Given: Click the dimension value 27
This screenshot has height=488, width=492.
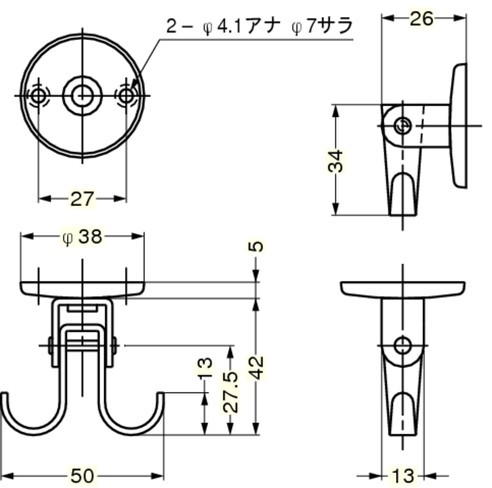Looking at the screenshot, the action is pyautogui.click(x=82, y=199).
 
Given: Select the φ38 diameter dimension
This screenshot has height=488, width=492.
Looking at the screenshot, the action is pyautogui.click(x=82, y=237).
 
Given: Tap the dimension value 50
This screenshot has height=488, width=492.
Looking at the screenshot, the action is pyautogui.click(x=82, y=476).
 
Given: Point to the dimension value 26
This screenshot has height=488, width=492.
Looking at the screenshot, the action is pyautogui.click(x=422, y=19).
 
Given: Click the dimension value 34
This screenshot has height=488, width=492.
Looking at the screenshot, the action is pyautogui.click(x=336, y=161).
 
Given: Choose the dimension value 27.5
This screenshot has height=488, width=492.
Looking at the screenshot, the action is pyautogui.click(x=231, y=392).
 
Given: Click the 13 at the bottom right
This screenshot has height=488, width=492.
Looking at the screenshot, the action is pyautogui.click(x=403, y=476).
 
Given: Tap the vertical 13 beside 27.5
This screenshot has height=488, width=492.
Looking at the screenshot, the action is pyautogui.click(x=205, y=367).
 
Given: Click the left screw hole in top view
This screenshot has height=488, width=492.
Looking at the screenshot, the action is pyautogui.click(x=38, y=95).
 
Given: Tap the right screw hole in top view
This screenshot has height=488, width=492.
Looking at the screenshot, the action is pyautogui.click(x=126, y=95).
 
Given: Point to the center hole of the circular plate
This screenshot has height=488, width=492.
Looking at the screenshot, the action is pyautogui.click(x=82, y=95).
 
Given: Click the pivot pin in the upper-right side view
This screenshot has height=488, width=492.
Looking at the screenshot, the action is pyautogui.click(x=403, y=126).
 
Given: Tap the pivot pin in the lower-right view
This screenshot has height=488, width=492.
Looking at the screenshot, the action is pyautogui.click(x=403, y=345).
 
